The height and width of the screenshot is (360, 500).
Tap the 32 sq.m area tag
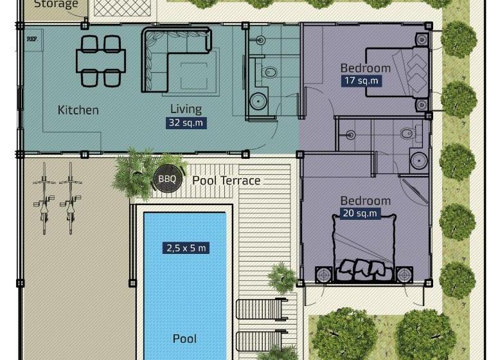[186, 123]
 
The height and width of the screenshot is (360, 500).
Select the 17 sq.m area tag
[361, 81]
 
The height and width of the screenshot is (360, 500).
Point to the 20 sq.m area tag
[360, 213]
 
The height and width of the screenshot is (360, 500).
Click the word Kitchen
[78, 110]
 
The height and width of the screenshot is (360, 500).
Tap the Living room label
[186, 109]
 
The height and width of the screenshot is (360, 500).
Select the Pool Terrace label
[226, 181]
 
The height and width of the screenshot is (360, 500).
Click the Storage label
[56, 4]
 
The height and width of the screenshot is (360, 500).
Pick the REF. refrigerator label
[31, 39]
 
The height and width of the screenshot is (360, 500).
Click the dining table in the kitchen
[101, 61]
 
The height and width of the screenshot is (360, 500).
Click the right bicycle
[70, 197]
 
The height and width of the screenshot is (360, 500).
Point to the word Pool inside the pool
[184, 338]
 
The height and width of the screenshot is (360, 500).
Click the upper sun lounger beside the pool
[262, 309]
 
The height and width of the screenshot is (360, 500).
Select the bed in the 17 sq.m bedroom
[397, 71]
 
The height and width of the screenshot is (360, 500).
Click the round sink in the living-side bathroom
[259, 101]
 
